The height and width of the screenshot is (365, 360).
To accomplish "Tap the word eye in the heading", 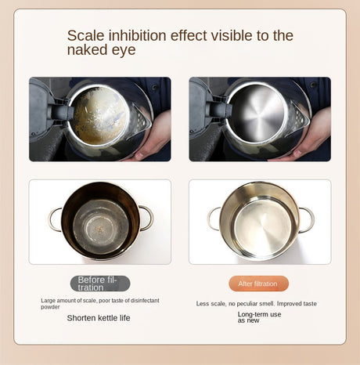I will tap(124, 51).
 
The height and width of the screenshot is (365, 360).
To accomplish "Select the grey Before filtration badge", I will tap(100, 284).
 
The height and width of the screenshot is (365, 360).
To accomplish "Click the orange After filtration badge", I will tap(258, 284).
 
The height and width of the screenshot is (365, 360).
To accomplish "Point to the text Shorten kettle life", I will tap(99, 317).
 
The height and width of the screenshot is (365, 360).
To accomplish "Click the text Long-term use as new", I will tap(259, 316).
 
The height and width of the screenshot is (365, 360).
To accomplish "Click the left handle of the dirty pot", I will tap(55, 219).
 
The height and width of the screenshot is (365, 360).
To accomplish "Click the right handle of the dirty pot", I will tap(146, 217).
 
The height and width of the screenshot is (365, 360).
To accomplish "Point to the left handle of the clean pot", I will tap(214, 219).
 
